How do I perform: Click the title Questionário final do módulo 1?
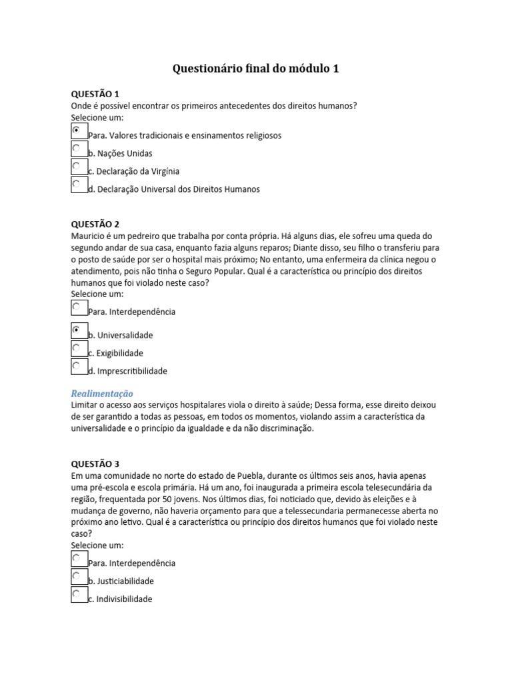(256, 68)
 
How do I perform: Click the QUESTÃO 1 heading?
(95, 93)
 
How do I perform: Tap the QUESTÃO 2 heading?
(95, 224)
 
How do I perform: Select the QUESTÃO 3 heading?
(95, 464)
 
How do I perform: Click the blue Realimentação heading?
(102, 393)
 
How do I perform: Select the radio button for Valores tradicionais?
(77, 130)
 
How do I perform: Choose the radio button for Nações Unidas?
(77, 148)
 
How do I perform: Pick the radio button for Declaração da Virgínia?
(77, 166)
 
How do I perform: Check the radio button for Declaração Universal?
(77, 184)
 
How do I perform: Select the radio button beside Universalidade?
(77, 330)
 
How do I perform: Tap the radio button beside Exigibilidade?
(77, 348)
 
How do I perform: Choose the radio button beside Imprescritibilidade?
(77, 366)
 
